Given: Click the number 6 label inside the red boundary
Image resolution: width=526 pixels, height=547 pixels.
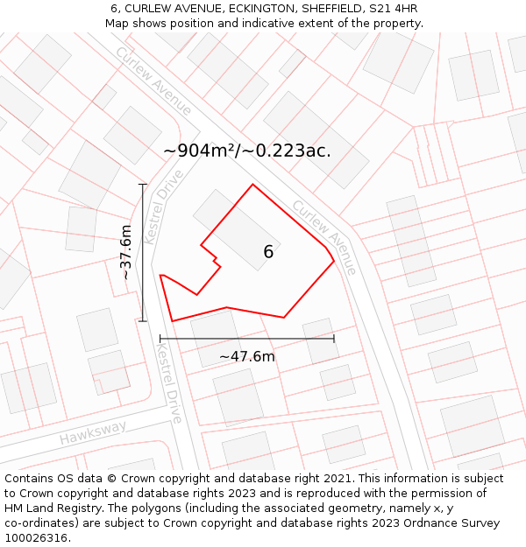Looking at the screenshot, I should pos(268,252).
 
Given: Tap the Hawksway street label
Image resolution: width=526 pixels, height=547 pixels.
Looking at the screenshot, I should pos(93,432).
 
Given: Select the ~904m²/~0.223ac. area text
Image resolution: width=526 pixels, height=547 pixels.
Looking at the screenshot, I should pos(247,151).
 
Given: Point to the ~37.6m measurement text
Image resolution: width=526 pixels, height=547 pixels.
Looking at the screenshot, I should pos(126,252).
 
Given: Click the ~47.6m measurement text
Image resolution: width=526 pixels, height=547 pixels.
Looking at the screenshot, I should pos(246,356).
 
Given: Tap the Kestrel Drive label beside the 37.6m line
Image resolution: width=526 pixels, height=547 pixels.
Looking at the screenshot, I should pos(164,207).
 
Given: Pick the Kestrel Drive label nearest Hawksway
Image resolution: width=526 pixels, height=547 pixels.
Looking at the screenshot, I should pos(169,382).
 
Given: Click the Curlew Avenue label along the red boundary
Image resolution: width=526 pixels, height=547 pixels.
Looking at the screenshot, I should pos(324,237).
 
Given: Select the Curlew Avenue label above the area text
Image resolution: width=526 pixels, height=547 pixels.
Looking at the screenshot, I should pos(153,81).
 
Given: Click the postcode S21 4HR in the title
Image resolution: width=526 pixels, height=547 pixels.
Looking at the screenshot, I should pos(393,9).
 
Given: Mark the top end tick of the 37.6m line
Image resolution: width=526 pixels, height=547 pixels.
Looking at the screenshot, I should pos(143,184).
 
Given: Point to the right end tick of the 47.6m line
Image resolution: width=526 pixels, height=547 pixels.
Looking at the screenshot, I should pos(334,338).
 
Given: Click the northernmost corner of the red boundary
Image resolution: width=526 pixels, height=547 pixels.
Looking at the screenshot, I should pos(252,184).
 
